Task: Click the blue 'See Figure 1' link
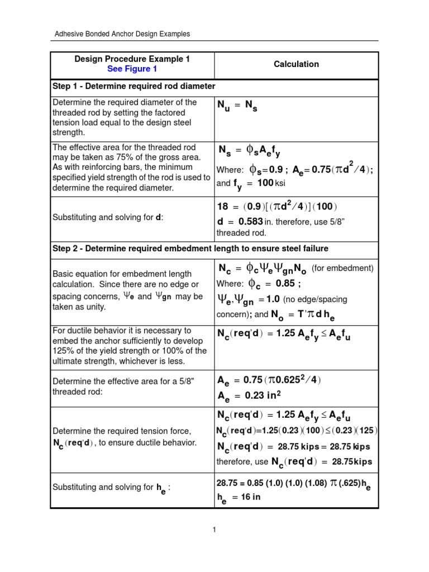coord(132,69)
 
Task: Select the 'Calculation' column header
coord(296,64)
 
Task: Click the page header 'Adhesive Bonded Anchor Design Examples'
coord(122,34)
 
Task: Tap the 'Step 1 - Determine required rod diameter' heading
coord(134,87)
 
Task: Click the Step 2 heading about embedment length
coord(190,248)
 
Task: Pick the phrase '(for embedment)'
coord(342,269)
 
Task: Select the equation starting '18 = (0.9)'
coord(277,207)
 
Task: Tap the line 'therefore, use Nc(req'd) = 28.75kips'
coord(294,461)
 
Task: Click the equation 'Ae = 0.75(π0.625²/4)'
coord(269,380)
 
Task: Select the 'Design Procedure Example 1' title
coord(132,59)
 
